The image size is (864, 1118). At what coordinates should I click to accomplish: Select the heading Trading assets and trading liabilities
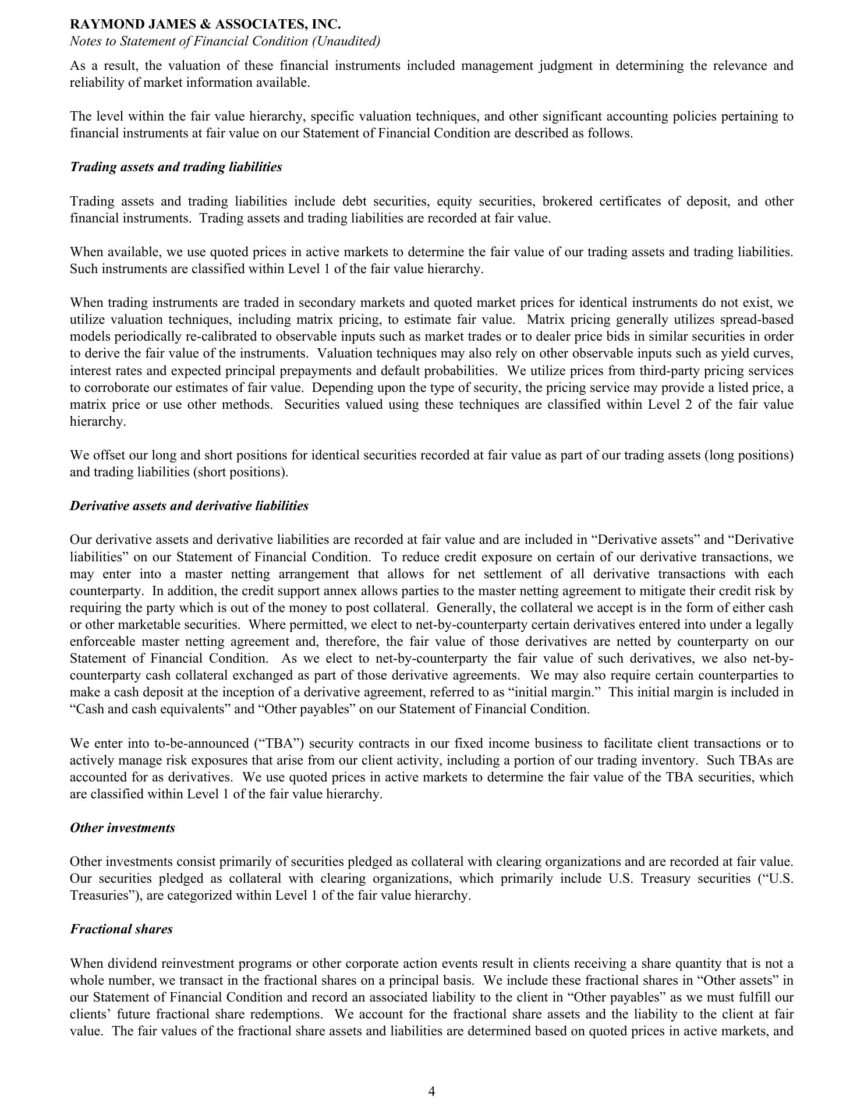pos(176,167)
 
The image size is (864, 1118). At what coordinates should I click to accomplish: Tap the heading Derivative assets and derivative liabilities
pos(189,506)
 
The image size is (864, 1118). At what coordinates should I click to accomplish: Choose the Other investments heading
pos(122,828)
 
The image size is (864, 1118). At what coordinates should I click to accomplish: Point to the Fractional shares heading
pos(121,929)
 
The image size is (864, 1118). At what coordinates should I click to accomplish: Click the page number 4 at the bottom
pos(431,1091)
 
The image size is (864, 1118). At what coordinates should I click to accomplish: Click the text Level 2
pos(670,405)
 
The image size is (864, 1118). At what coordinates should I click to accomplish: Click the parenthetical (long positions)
pos(749,455)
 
